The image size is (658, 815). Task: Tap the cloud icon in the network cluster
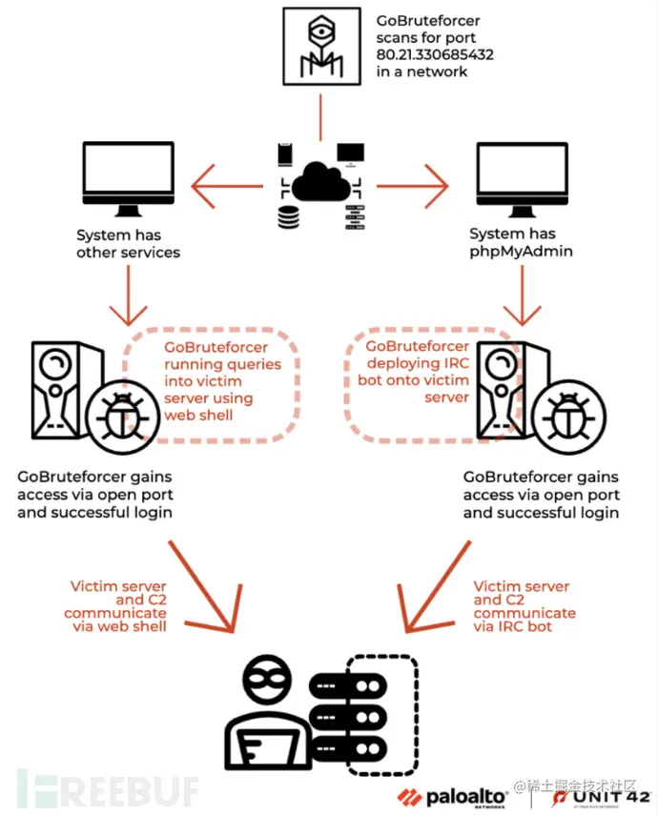319,181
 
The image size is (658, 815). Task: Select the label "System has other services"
128,243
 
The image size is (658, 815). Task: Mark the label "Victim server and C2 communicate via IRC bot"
524,606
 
